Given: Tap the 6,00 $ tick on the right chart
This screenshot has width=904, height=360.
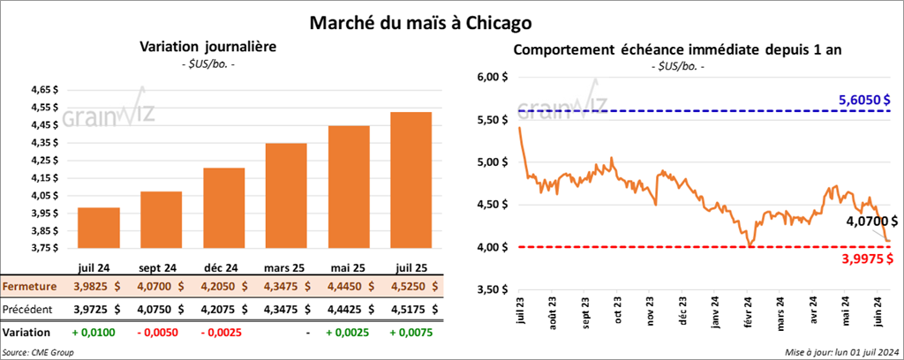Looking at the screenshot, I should [493, 78].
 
